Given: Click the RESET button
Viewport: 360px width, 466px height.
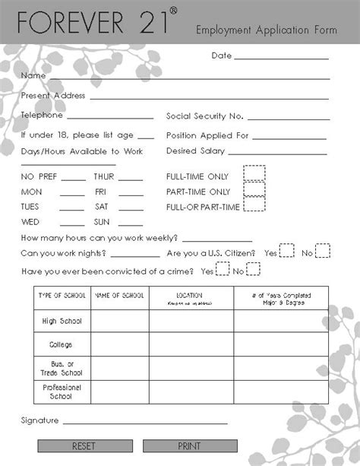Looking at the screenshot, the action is click(x=84, y=446).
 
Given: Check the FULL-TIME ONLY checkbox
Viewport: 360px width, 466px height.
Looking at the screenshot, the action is click(x=254, y=173).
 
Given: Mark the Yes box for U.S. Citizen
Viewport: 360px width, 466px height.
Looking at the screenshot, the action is click(x=287, y=252).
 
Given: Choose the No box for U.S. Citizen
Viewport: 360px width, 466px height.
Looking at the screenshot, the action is click(x=323, y=252).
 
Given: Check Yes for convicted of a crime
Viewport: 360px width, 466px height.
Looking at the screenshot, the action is click(x=223, y=269).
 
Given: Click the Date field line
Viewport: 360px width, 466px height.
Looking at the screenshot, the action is click(x=281, y=57).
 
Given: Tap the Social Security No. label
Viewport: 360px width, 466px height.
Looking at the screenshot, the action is click(x=204, y=116).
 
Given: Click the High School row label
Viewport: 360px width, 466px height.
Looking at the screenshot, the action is click(x=61, y=322).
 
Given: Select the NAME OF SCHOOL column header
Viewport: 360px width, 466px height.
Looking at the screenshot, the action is click(x=119, y=295).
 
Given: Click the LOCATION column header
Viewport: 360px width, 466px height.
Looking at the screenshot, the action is click(x=189, y=295).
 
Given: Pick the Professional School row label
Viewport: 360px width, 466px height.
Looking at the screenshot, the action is click(x=61, y=392).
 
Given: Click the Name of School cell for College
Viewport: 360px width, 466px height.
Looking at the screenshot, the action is click(x=119, y=344).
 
